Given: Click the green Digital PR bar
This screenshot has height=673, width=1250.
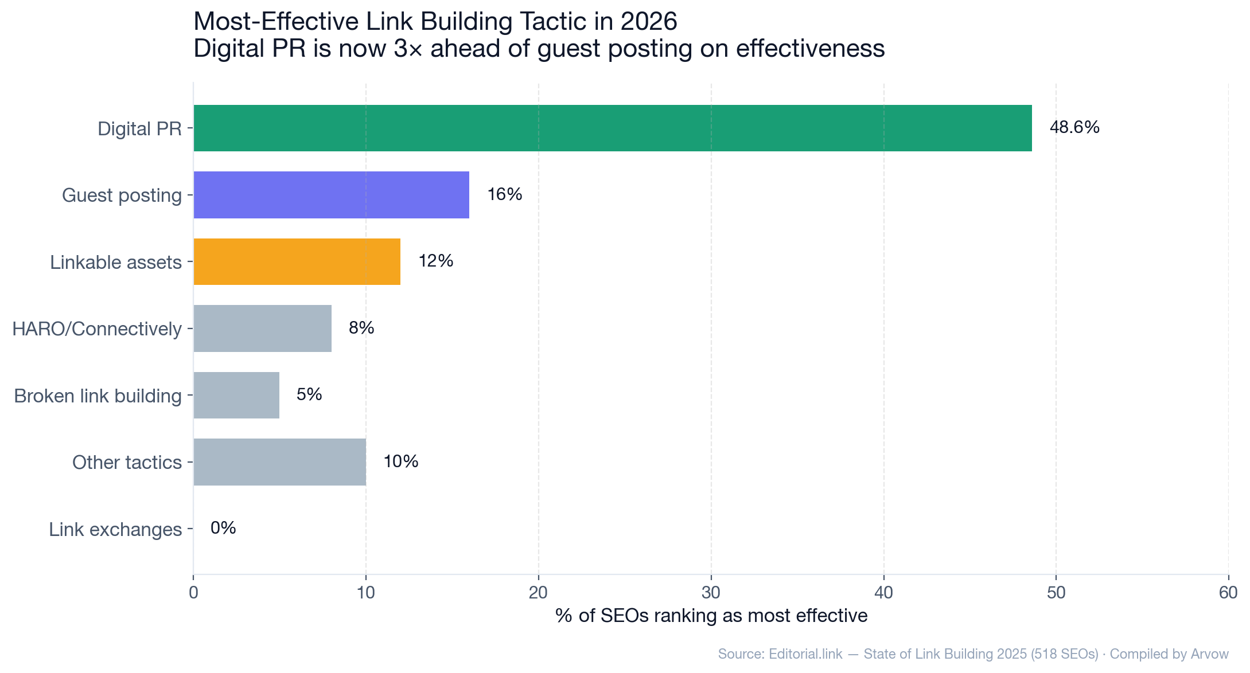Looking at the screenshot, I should coord(612,128).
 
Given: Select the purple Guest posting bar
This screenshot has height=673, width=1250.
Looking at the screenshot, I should coord(331,195).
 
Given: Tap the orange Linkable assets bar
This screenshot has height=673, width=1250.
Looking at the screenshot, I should coord(297,261).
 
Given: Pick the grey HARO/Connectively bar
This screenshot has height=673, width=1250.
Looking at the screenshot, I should coord(262,328).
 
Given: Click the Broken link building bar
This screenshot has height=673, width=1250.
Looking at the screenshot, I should coord(236,395).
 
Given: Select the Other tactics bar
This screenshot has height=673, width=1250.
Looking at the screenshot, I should coord(279,462).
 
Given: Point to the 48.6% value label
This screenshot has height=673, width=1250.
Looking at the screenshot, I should coord(1074,127).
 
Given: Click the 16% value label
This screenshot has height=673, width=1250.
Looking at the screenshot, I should coord(504,194).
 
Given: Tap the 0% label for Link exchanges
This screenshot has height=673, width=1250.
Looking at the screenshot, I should coord(223,528).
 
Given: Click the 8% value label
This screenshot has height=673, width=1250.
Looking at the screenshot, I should coord(361,328).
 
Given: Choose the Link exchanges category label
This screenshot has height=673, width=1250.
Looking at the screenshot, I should coord(115,529).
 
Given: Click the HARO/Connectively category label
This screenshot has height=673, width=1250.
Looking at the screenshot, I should coord(97,329).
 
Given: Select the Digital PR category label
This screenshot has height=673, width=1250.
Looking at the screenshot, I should coord(139,128).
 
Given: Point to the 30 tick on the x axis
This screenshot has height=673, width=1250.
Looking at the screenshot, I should coord(711,593).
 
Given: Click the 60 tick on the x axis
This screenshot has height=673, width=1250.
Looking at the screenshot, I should coord(1228,593).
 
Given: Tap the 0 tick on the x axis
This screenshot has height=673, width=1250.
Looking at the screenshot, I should coord(193,593).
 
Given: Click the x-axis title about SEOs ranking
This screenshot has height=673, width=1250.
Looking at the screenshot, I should coord(711,616).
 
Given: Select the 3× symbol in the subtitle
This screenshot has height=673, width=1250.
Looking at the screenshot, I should coord(408,49).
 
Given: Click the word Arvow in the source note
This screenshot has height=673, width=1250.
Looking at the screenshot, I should coord(1209,654).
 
